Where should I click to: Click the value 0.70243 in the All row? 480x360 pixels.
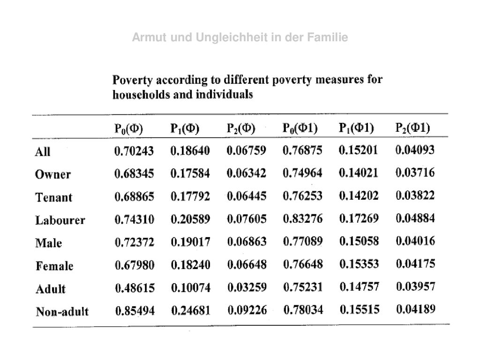pos(134,151)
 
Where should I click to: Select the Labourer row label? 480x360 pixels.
pos(60,220)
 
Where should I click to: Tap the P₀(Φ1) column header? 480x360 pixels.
pos(300,128)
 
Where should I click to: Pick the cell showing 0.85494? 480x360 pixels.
pos(135,311)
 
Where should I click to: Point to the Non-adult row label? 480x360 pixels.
pos(62,312)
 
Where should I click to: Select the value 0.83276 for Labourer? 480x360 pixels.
pos(303,218)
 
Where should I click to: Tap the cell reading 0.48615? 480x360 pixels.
pos(135,288)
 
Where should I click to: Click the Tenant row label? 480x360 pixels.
pos(54,197)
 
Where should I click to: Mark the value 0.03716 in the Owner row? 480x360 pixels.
pos(415,172)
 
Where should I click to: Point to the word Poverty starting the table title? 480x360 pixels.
pos(133,80)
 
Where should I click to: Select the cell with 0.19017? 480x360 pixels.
pos(190,242)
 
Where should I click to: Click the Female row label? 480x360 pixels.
pos(54,266)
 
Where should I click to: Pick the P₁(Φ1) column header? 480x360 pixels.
pos(356,127)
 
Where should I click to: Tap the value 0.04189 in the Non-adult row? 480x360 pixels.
pos(416,309)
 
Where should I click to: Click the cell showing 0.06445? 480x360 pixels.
pos(247,196)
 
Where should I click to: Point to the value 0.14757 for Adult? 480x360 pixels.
pos(359,287)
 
